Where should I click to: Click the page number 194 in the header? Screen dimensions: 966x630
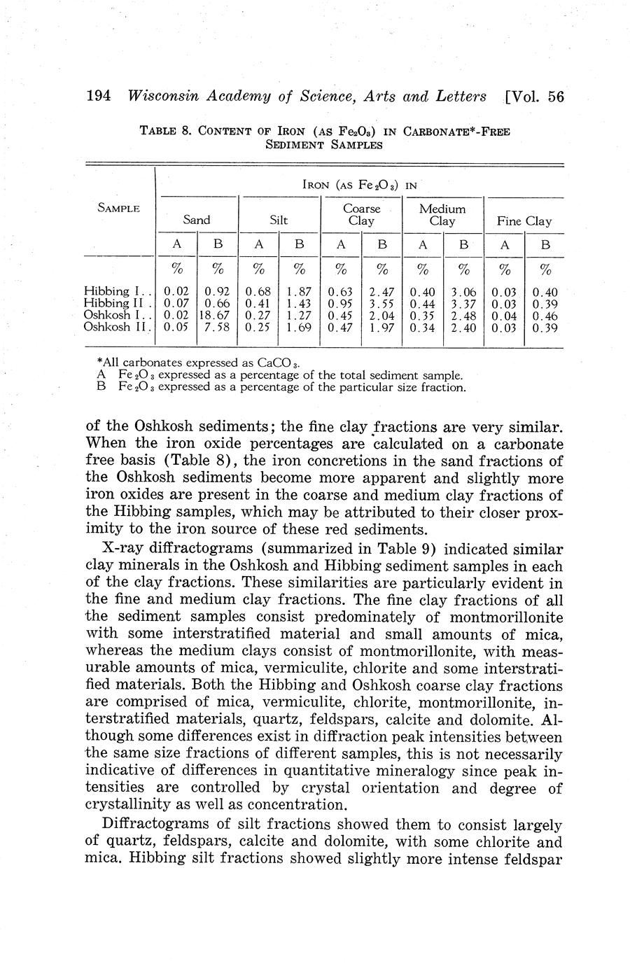(x=98, y=97)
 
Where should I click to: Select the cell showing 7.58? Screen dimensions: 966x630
(x=218, y=327)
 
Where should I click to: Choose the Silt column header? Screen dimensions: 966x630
(x=279, y=220)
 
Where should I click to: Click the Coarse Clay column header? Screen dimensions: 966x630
(x=361, y=214)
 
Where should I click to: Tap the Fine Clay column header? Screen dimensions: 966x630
(x=524, y=221)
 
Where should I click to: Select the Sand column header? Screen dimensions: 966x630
(x=197, y=220)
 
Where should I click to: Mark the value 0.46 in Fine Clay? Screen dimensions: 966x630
(x=545, y=316)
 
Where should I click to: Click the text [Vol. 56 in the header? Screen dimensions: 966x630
(x=533, y=97)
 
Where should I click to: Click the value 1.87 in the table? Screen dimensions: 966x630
(x=300, y=292)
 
